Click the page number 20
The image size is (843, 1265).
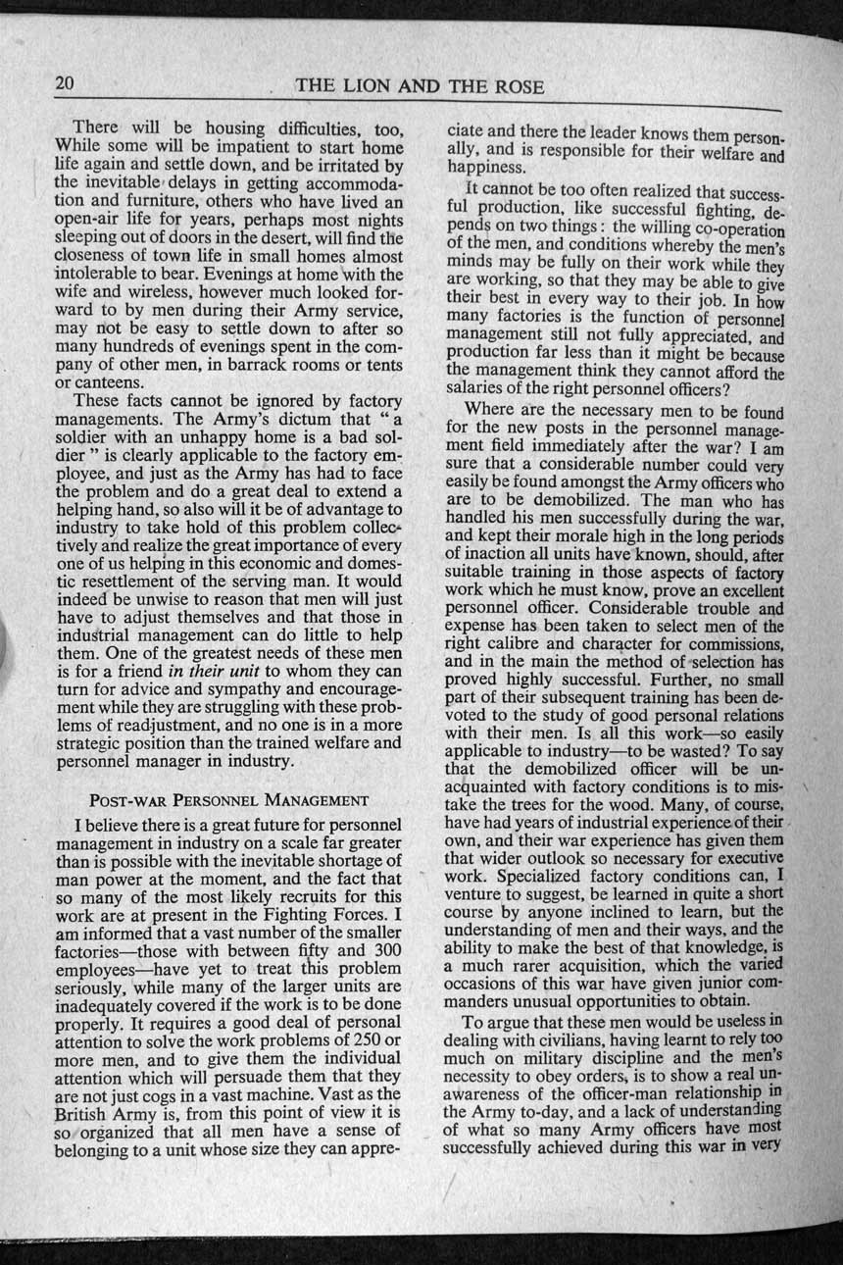click(x=65, y=84)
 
